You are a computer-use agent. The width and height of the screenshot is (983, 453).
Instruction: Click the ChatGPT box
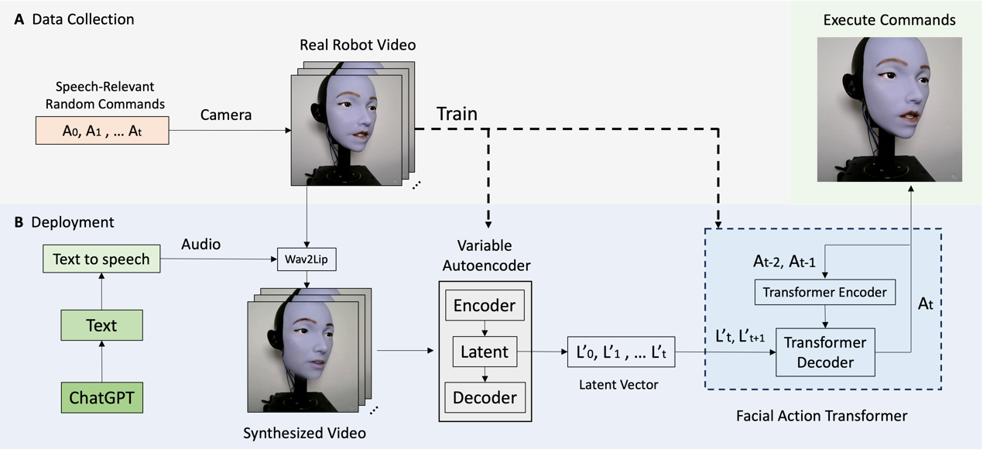tap(101, 398)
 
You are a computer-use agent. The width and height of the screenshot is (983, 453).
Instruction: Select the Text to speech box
tap(101, 259)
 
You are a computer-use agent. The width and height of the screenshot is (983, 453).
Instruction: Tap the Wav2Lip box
tap(307, 259)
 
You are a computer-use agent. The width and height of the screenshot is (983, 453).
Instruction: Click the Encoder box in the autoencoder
tap(485, 306)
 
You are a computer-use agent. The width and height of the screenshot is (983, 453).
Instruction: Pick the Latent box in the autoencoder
tap(485, 352)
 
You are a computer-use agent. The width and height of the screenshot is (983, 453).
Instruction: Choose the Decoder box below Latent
tap(485, 398)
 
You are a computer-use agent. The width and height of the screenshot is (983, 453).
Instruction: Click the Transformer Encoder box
tap(824, 292)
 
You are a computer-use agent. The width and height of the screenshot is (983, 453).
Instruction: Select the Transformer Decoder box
tap(824, 352)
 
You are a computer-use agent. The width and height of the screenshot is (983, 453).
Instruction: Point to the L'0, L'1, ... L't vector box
tap(622, 352)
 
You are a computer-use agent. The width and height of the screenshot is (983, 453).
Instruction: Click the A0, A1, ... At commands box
tap(102, 130)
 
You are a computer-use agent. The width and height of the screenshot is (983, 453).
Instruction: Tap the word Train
tap(457, 114)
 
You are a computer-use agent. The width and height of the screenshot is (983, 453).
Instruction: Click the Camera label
tap(226, 115)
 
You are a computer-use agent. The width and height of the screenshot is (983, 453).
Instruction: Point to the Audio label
tap(200, 244)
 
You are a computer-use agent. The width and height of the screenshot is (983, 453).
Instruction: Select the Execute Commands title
tap(889, 20)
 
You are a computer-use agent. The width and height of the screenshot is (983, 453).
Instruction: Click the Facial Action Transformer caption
tap(821, 416)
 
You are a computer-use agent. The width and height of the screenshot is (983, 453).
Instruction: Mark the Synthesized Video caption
tap(304, 431)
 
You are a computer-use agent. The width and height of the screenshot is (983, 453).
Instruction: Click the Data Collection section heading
tap(83, 19)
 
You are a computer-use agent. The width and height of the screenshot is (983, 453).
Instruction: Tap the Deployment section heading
tap(72, 222)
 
